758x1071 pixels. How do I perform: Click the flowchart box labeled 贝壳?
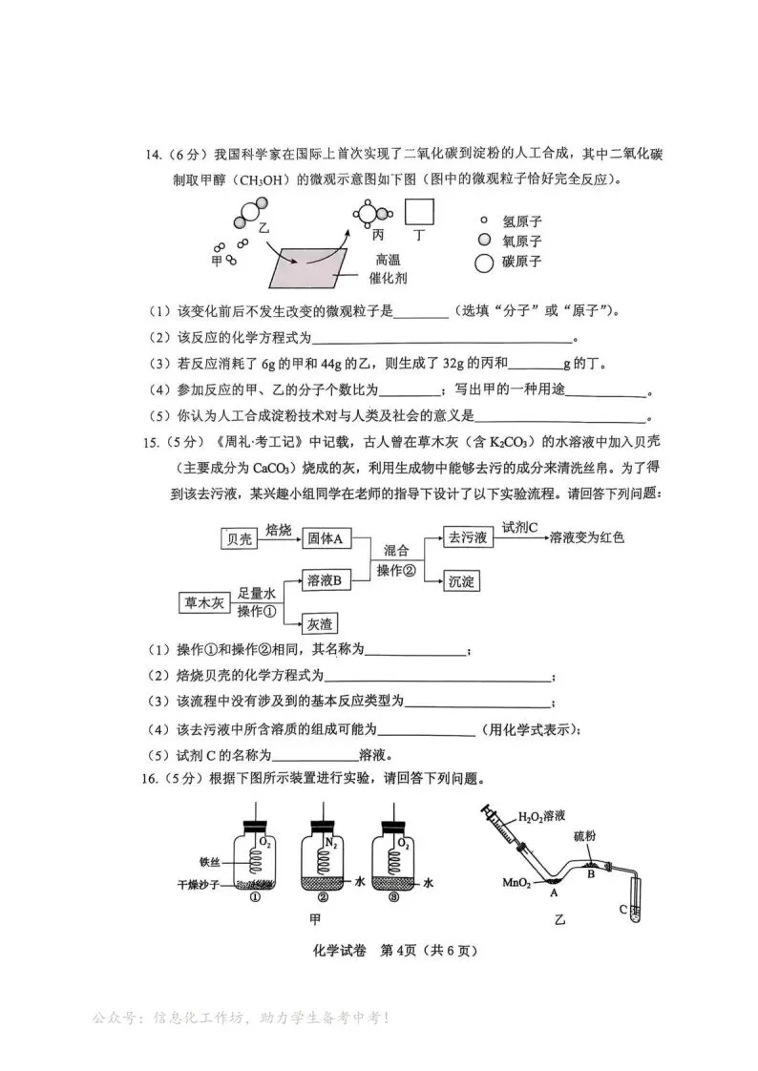coord(240,539)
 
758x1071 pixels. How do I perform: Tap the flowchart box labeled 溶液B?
coord(325,579)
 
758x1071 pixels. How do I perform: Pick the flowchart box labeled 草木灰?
coord(205,603)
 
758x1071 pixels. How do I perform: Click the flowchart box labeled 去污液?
coord(468,539)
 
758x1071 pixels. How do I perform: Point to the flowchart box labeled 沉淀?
coord(462,580)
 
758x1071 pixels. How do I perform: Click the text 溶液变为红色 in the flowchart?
coord(586,538)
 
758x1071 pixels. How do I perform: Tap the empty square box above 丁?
coord(420,212)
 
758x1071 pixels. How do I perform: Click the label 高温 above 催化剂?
coord(389,260)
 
